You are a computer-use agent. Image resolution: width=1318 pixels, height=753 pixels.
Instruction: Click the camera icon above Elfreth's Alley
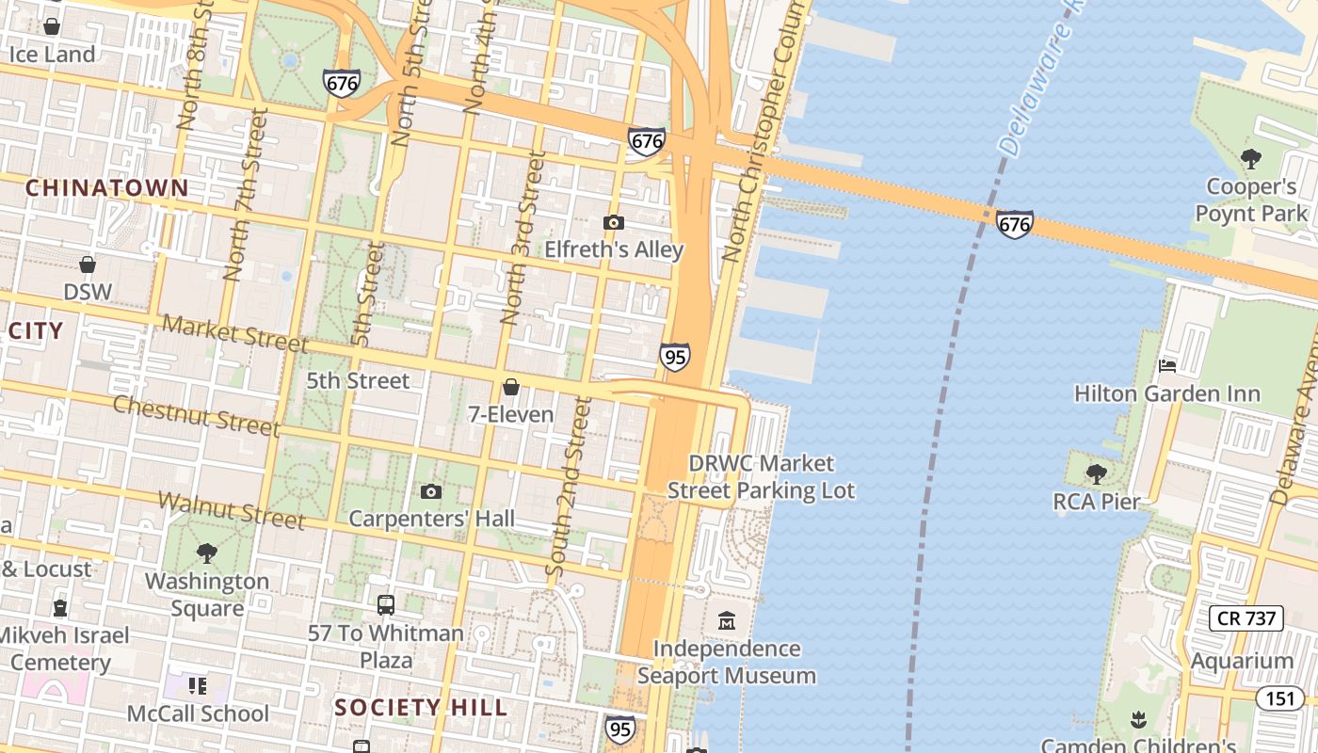[614, 222]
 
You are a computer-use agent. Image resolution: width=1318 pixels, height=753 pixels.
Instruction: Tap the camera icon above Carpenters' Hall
[431, 491]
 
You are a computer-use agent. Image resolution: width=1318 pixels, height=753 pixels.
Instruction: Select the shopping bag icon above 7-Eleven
[511, 387]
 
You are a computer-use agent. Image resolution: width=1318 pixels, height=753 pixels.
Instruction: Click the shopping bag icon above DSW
[88, 264]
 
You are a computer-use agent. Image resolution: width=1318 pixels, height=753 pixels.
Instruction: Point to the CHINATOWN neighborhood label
[107, 187]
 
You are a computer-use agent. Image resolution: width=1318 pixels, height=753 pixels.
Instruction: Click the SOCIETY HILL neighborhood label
[421, 707]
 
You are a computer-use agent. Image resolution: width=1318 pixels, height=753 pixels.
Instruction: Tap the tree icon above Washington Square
[207, 553]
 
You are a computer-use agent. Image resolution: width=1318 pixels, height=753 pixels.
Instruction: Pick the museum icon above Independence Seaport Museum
[727, 621]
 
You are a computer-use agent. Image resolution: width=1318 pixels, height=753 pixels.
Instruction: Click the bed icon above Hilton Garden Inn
[1167, 365]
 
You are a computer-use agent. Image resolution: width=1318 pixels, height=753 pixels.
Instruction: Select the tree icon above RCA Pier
[1096, 473]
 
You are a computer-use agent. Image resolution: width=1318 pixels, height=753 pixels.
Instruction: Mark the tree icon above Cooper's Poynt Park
[1251, 158]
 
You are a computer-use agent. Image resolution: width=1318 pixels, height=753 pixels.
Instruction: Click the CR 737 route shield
[1246, 617]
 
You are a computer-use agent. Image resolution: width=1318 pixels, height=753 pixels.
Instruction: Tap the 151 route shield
[1279, 697]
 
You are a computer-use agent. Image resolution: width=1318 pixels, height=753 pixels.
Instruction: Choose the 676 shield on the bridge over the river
[1015, 224]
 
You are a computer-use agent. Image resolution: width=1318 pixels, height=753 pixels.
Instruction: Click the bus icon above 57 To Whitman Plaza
[386, 605]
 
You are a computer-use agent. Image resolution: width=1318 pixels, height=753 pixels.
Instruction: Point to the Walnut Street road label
[232, 509]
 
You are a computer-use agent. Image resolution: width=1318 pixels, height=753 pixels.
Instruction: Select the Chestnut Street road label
[197, 416]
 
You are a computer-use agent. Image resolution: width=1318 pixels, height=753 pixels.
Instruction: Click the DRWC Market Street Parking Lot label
[761, 476]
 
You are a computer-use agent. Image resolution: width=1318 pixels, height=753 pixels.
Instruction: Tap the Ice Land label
[52, 54]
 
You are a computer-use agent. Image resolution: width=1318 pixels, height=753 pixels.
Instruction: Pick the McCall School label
[198, 713]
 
